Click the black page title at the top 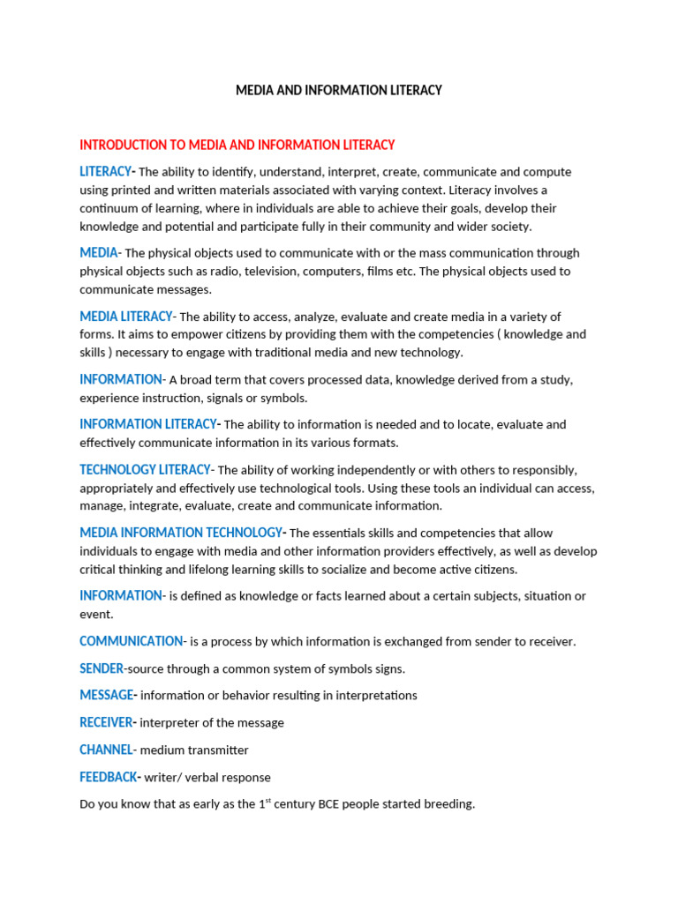tap(339, 91)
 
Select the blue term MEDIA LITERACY tap(126, 317)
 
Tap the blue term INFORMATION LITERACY tap(147, 424)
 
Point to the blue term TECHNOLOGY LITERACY tap(145, 470)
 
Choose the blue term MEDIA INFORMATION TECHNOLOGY tap(180, 533)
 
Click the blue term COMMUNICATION tap(131, 641)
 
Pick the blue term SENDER tap(102, 668)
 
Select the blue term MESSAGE tap(106, 695)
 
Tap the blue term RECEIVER tap(106, 722)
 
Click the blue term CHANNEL tap(106, 750)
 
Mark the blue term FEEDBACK tap(108, 777)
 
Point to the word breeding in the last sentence tap(448, 805)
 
